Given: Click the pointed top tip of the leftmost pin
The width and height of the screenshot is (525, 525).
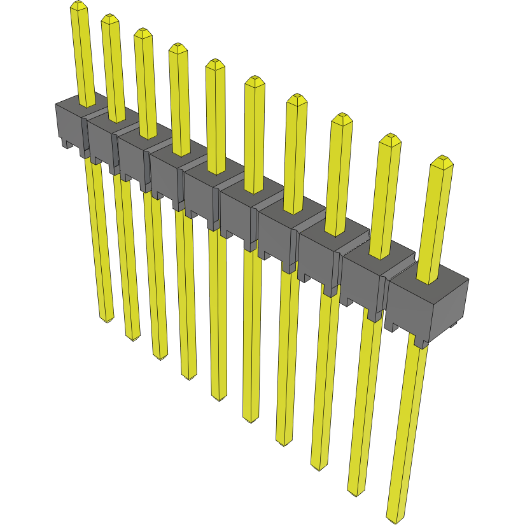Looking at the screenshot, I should point(78,5).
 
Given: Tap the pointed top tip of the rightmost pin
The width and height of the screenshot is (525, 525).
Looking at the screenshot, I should point(442,160).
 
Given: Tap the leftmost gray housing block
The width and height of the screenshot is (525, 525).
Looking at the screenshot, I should point(68,124).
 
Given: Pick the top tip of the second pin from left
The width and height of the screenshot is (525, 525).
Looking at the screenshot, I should point(110,18).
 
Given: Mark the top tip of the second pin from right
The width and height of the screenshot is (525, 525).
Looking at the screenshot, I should point(390,139).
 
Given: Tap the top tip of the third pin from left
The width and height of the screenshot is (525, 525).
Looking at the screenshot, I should point(143,32).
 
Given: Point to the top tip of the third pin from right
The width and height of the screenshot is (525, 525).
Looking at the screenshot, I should point(342,118).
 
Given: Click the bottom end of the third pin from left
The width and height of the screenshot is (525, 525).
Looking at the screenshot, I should point(159,354).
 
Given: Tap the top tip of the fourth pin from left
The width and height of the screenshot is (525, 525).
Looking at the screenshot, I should point(178,48).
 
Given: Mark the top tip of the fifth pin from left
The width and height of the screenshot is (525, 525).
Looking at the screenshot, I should point(214,64).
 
